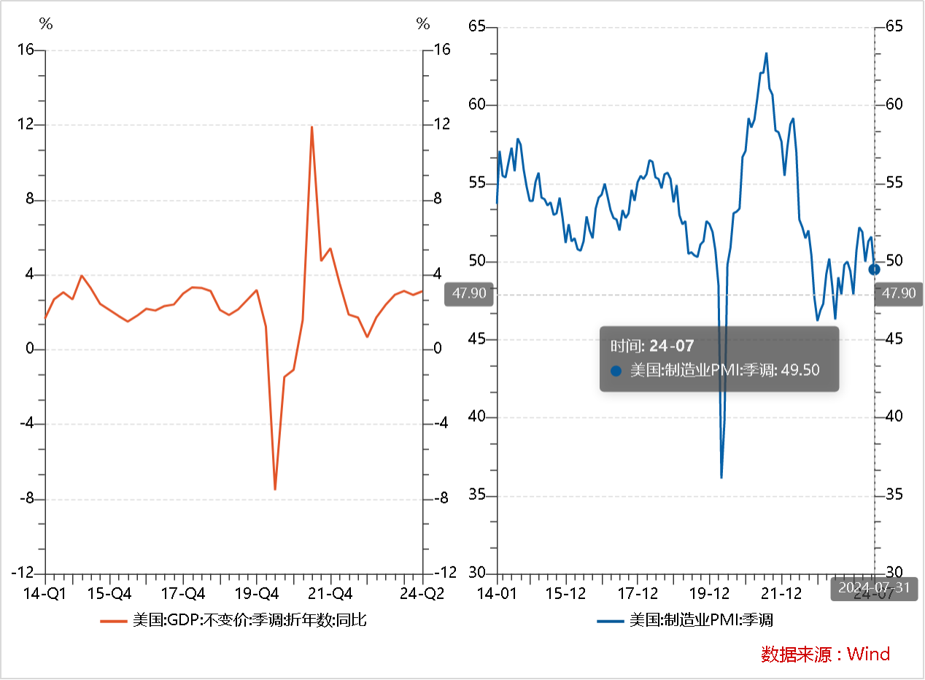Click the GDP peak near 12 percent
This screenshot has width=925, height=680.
pyautogui.click(x=311, y=127)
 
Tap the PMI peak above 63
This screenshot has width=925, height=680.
pyautogui.click(x=766, y=53)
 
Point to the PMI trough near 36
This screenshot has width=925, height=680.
pyautogui.click(x=721, y=477)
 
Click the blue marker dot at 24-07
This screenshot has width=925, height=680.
pyautogui.click(x=875, y=269)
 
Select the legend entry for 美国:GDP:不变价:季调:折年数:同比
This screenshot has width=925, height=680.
pyautogui.click(x=233, y=621)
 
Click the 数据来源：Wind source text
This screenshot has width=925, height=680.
pyautogui.click(x=825, y=654)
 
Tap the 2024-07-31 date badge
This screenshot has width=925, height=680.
pyautogui.click(x=874, y=588)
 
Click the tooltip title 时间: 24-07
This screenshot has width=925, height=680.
pyautogui.click(x=652, y=346)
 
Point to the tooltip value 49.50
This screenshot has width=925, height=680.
pyautogui.click(x=800, y=370)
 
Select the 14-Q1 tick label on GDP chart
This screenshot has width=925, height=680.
pyautogui.click(x=45, y=592)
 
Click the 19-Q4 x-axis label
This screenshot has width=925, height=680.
pyautogui.click(x=257, y=592)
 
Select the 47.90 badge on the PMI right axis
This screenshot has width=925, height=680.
pyautogui.click(x=898, y=293)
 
